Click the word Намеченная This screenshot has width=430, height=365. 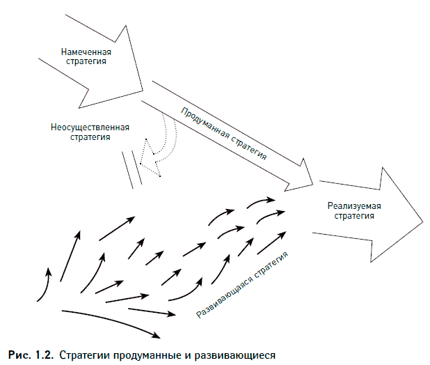point(86,52)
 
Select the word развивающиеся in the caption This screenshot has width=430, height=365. point(239,355)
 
